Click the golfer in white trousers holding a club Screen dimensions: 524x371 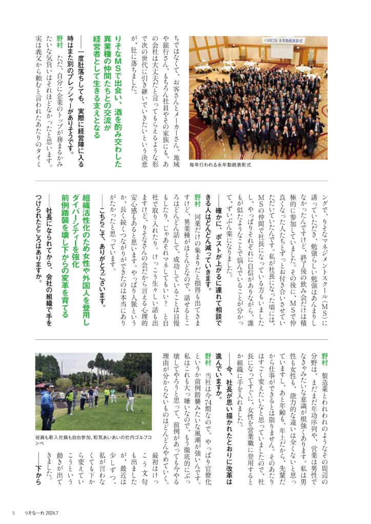tap(130, 398)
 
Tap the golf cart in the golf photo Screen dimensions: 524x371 tap(58, 396)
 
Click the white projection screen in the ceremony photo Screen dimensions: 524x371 tap(285, 50)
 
